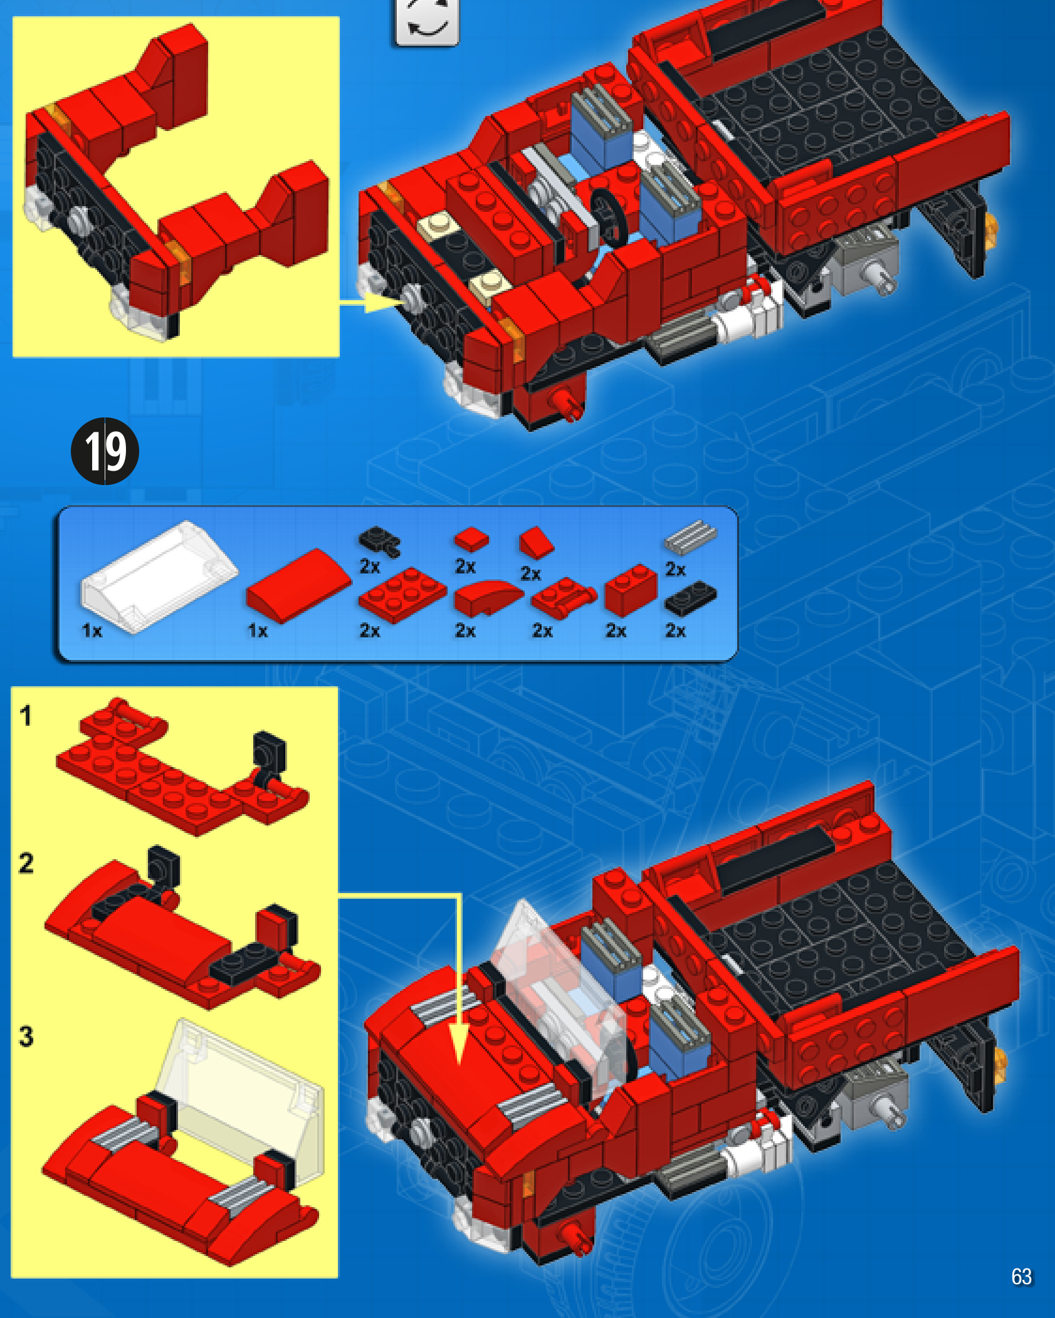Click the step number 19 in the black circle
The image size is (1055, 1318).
tap(105, 451)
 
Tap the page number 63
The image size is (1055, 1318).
tap(1021, 1276)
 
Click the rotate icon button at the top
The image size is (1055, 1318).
tap(427, 21)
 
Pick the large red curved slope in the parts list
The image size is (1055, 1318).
tap(299, 585)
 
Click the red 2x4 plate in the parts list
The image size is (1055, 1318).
tap(402, 594)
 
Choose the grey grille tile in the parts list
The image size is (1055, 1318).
tap(691, 536)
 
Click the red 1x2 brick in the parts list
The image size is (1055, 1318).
tap(630, 590)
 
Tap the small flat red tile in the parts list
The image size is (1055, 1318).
tap(471, 539)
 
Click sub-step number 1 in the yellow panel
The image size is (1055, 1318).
tap(25, 715)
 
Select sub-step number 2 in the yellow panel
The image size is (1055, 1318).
tap(26, 863)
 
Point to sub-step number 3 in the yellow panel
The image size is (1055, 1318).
tap(26, 1036)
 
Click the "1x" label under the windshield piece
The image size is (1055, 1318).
tap(92, 630)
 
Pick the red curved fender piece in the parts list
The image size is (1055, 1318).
tap(488, 598)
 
